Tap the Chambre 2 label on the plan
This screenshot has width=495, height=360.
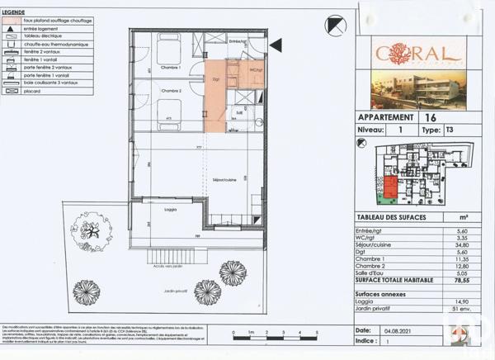click(x=171, y=91)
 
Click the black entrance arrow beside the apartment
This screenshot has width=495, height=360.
click(x=276, y=45)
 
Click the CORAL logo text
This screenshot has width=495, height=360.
click(x=406, y=54)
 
